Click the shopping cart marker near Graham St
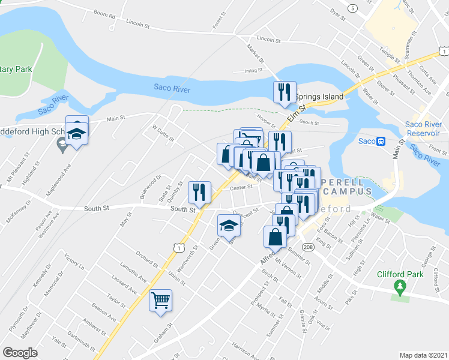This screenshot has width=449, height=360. coord(161,299)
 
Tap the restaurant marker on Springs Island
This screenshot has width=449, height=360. coord(284,92)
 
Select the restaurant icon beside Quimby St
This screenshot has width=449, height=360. coord(199,193)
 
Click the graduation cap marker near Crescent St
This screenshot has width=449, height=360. coord(228,225)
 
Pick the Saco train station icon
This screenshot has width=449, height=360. coord(380,141)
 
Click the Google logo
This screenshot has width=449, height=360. coord(20,353)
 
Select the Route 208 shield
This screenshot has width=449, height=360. coord(307,247)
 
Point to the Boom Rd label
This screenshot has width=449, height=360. coord(104,13)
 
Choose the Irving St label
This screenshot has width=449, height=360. coord(254,70)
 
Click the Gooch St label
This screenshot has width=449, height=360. coord(309,122)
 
